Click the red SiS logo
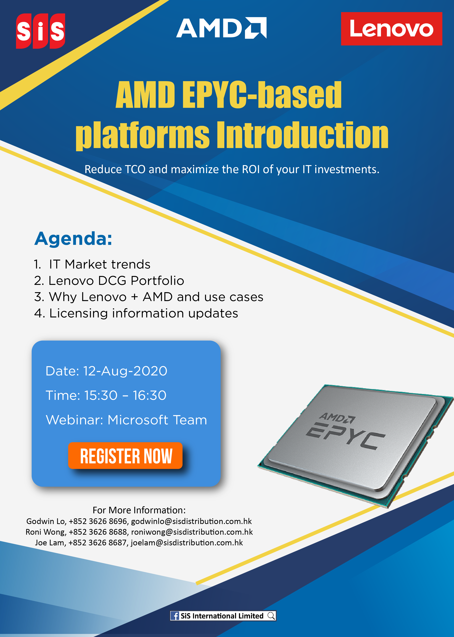click(x=41, y=31)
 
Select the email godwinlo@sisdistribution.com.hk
click(x=191, y=521)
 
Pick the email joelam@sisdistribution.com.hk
click(x=187, y=543)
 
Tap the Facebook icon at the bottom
click(x=175, y=616)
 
